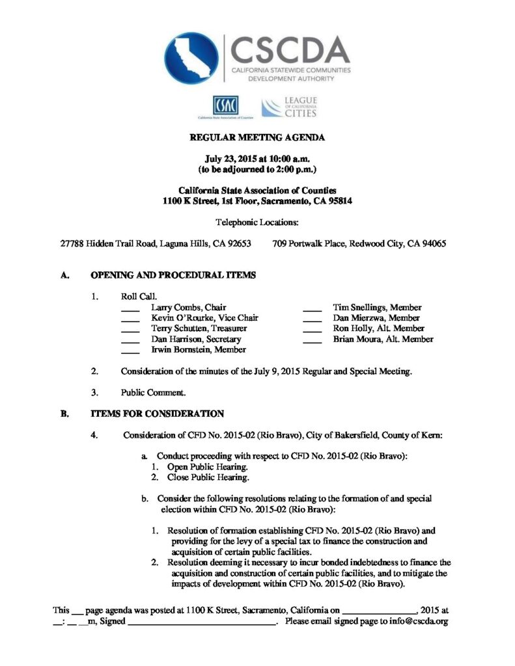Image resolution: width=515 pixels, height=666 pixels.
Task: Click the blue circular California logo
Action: [x=191, y=59]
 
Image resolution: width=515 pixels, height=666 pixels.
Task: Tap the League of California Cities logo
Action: [x=289, y=107]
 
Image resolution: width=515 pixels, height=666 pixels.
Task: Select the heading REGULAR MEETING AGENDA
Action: [x=257, y=138]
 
